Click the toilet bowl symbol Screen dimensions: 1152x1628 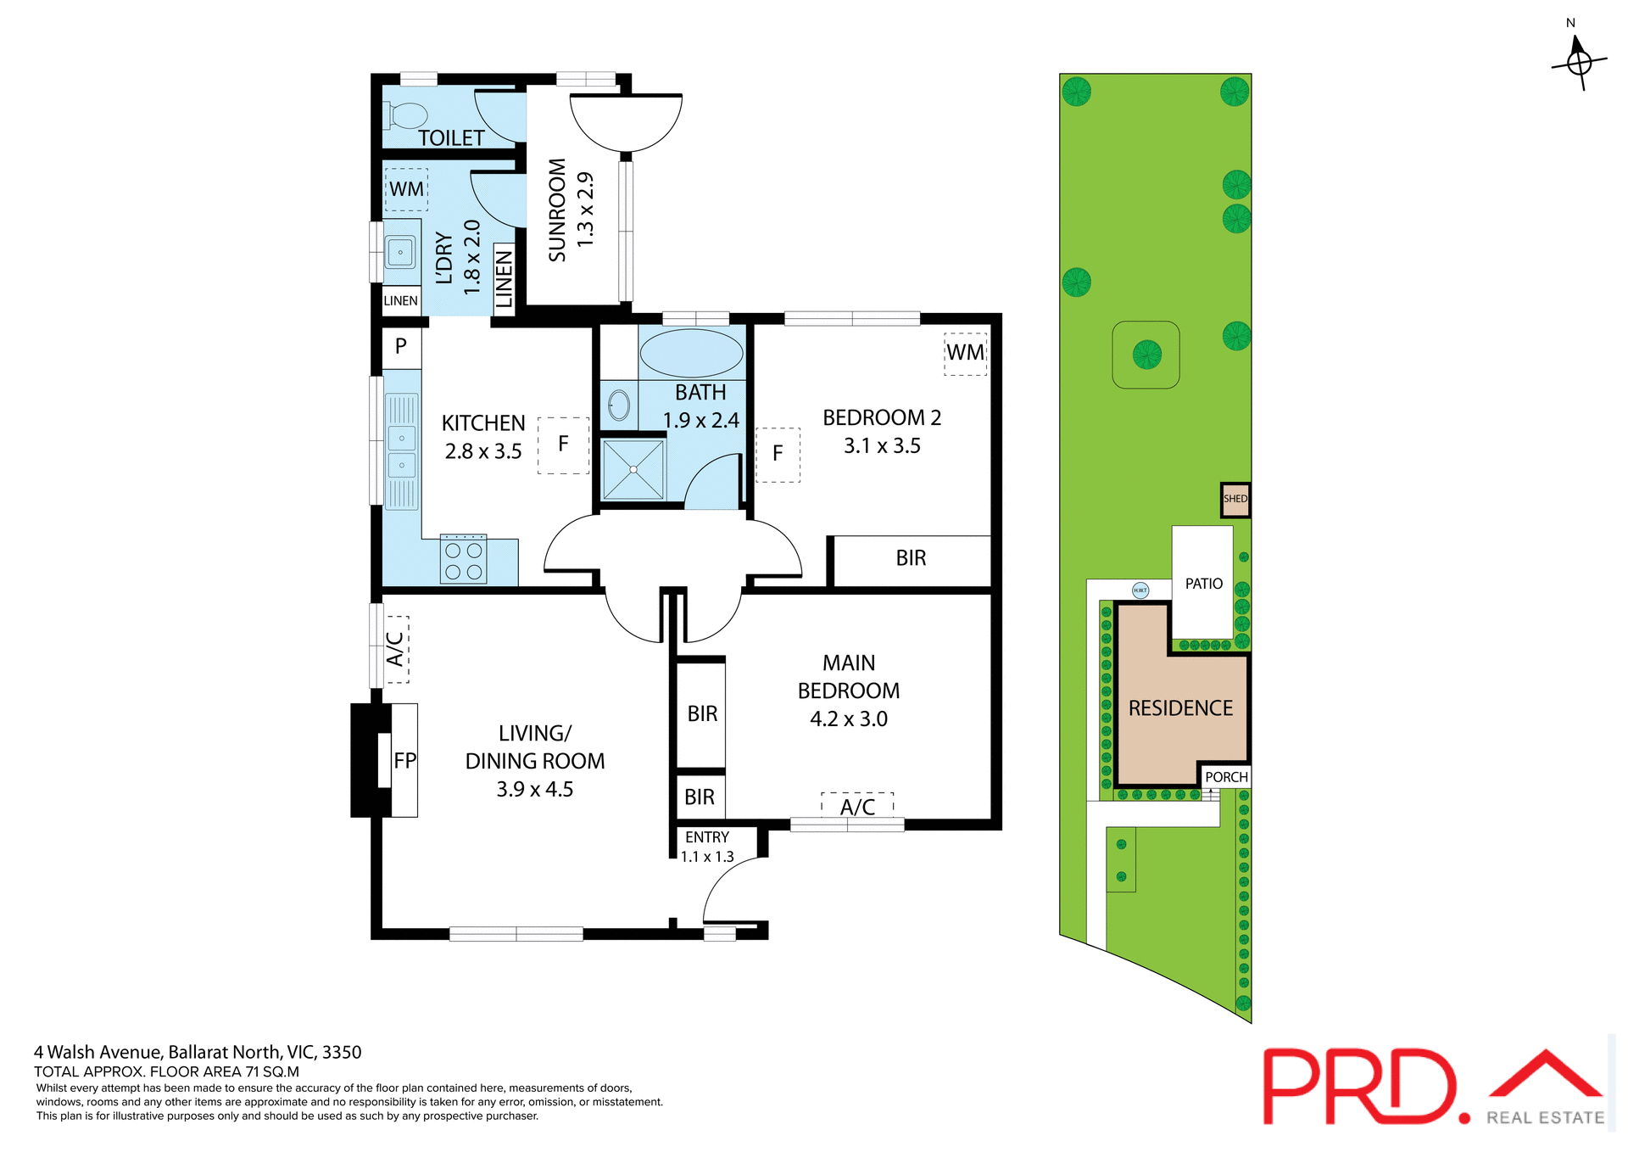tap(407, 115)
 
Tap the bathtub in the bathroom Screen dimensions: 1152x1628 tap(691, 353)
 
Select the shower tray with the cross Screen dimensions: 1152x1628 tap(633, 469)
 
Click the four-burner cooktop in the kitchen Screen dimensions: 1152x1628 tap(463, 560)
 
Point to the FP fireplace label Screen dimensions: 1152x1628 tap(404, 760)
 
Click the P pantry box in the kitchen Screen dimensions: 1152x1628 tap(401, 346)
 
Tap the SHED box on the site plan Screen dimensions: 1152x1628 tap(1235, 500)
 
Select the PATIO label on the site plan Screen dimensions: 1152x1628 tap(1203, 584)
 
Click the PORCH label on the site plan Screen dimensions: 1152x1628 tap(1226, 777)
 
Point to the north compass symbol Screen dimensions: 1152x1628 tap(1578, 61)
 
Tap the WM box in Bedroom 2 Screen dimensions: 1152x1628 tap(965, 353)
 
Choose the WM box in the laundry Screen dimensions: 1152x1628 tap(406, 189)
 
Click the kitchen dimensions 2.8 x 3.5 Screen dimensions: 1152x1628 tap(483, 451)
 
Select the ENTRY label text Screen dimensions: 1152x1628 tap(707, 837)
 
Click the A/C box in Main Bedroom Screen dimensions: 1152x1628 tap(857, 807)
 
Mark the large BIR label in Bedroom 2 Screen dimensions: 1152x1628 tap(911, 558)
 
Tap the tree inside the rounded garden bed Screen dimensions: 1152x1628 tap(1146, 354)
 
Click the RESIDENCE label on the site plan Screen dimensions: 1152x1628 tap(1180, 708)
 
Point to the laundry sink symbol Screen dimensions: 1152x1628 tap(400, 252)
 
